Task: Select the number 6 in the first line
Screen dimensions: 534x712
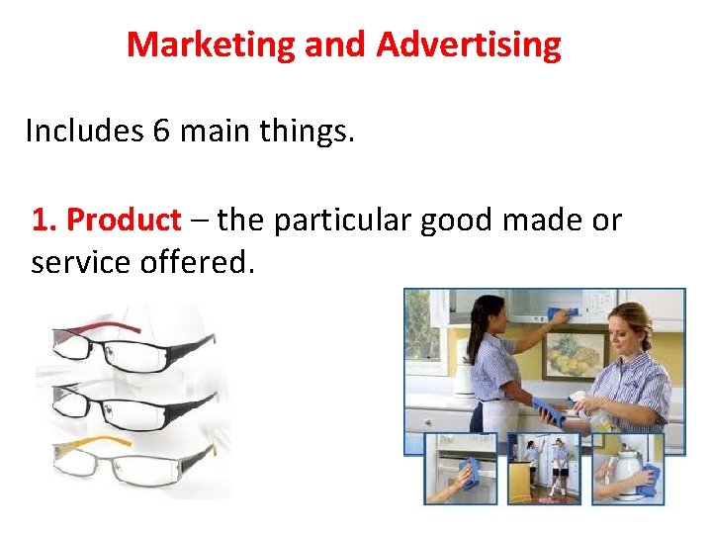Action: pyautogui.click(x=161, y=131)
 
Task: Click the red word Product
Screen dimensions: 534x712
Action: pyautogui.click(x=123, y=220)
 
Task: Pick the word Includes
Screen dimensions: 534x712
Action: pyautogui.click(x=83, y=131)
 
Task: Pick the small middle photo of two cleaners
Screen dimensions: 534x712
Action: pyautogui.click(x=544, y=469)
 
